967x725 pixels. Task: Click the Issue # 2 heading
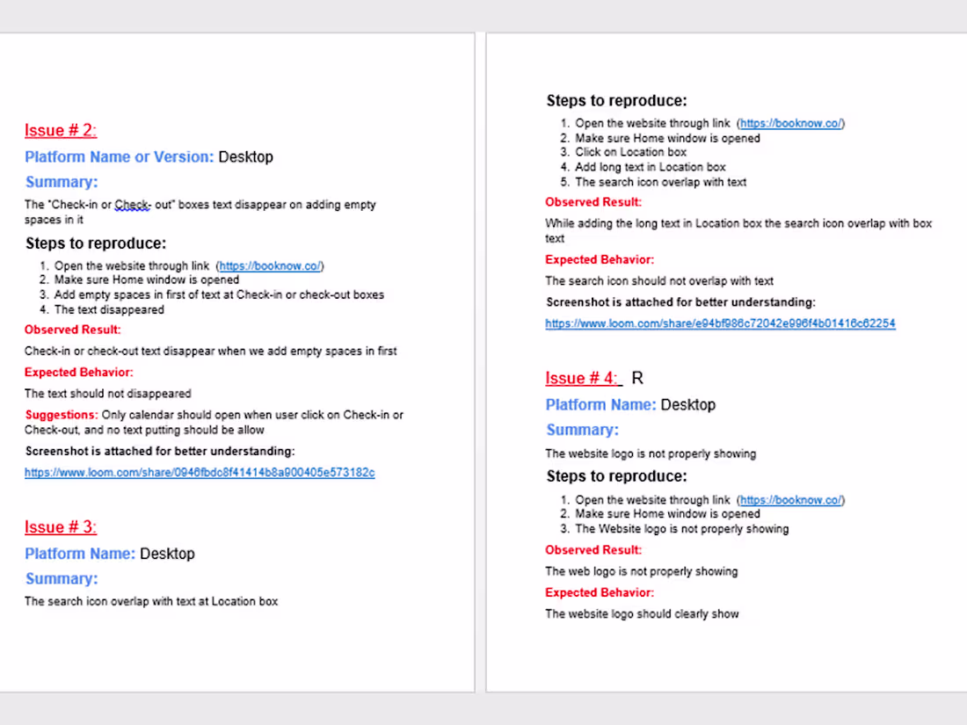point(60,131)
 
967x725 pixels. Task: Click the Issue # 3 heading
point(60,527)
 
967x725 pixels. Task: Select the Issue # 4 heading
point(582,379)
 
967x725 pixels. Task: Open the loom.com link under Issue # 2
point(200,473)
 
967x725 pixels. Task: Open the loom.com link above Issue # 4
point(720,323)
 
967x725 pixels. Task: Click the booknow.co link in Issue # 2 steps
point(271,266)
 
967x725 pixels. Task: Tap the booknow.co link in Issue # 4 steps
point(791,500)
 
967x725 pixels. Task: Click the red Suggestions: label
point(61,415)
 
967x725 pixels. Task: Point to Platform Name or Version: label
point(119,157)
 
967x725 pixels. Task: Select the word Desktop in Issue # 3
point(167,554)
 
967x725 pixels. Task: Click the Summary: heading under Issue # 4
point(582,430)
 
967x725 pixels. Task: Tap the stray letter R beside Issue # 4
point(637,379)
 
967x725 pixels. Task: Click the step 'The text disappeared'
point(109,309)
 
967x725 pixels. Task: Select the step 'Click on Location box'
point(630,152)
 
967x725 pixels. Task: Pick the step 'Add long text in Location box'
point(651,167)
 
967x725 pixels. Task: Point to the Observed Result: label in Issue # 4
point(593,550)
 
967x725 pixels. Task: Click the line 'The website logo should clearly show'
point(642,614)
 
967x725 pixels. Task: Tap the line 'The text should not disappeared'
point(107,394)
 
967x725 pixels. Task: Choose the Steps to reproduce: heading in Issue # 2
point(96,243)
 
